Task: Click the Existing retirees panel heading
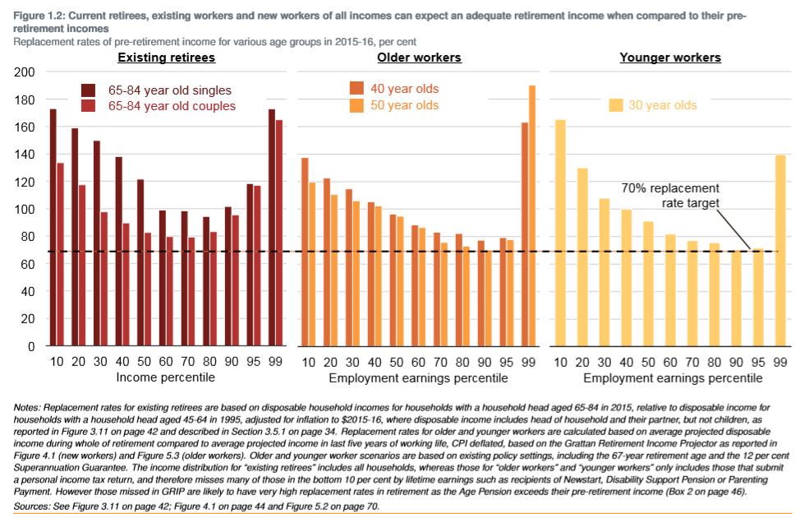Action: coord(167,58)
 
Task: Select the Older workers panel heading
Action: coord(419,58)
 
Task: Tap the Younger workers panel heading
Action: coord(670,58)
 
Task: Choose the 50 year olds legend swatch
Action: coord(357,104)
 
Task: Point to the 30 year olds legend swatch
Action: coord(615,104)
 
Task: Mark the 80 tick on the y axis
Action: coord(29,237)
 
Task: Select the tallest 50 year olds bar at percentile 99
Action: coord(532,215)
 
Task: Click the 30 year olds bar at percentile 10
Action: coord(561,233)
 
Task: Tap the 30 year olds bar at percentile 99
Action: coord(780,251)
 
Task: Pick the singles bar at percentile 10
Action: coord(53,227)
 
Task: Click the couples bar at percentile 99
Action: coord(279,233)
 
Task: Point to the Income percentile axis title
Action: coord(167,377)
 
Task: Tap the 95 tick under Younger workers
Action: coord(758,363)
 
